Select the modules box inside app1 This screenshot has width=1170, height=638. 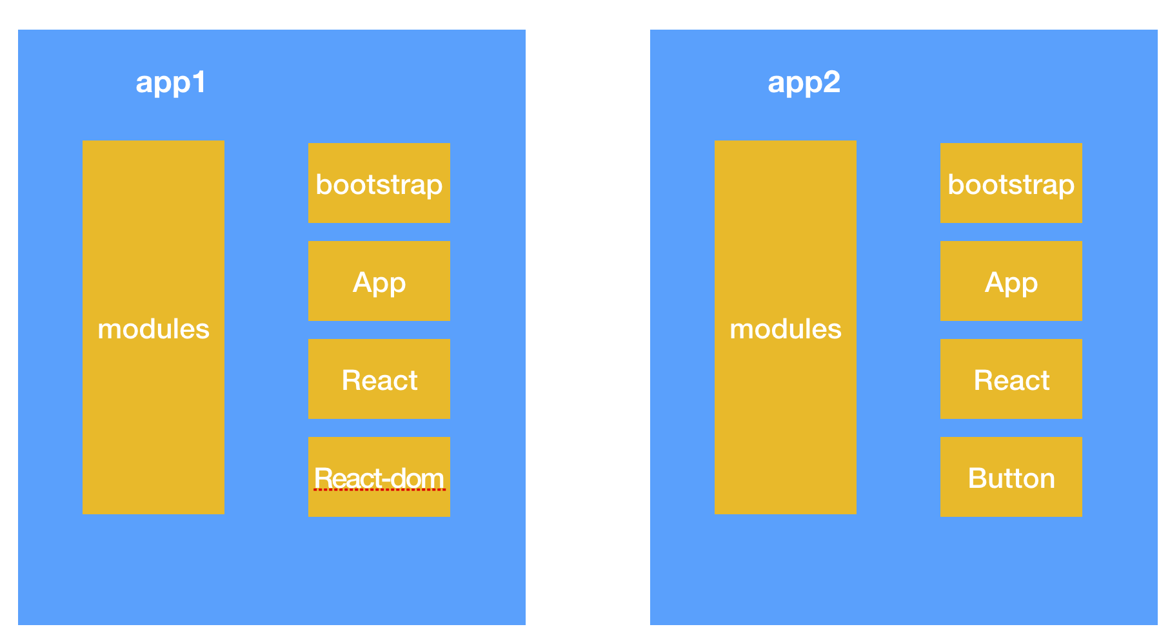tap(154, 327)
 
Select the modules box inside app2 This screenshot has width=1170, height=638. tap(786, 327)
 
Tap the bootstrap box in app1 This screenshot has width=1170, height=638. tap(379, 183)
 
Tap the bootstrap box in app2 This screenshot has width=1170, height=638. tap(1011, 183)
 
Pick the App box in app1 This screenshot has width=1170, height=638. tap(379, 281)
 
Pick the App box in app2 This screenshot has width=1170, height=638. tap(1011, 281)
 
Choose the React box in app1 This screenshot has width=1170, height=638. tap(379, 379)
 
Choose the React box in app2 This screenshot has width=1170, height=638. tap(1011, 379)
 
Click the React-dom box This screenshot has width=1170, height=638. tap(379, 477)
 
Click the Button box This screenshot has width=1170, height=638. tap(1011, 477)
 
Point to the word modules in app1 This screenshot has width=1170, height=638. tap(154, 329)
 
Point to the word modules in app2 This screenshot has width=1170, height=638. tap(786, 329)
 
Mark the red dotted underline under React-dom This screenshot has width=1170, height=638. tap(379, 490)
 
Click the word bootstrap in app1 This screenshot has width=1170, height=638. tap(379, 186)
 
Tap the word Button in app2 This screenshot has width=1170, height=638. tap(1011, 478)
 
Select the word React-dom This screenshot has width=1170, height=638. tap(379, 478)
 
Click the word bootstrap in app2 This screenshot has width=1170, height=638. tap(1011, 186)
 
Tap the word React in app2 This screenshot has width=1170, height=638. tap(1011, 380)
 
